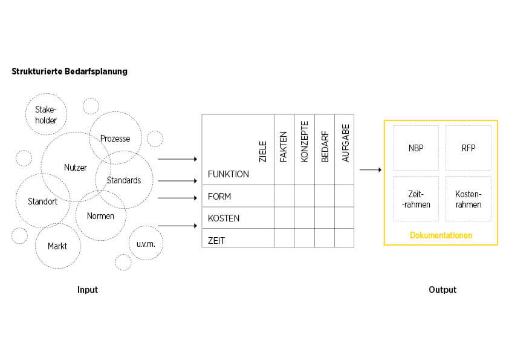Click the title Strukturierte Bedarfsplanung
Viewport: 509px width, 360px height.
click(x=70, y=71)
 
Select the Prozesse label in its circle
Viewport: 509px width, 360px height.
click(x=115, y=139)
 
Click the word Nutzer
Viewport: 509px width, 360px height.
click(x=76, y=168)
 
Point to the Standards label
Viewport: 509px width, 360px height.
click(x=124, y=180)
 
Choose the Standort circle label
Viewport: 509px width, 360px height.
click(x=42, y=201)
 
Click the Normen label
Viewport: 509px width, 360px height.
click(x=100, y=216)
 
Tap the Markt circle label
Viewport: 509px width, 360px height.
click(x=57, y=246)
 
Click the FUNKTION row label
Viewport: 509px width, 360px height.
click(x=228, y=174)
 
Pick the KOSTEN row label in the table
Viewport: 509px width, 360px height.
click(x=224, y=218)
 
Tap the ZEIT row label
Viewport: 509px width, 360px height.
click(x=216, y=240)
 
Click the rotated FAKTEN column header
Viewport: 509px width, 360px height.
click(x=284, y=148)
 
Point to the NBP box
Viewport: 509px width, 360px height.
click(x=416, y=148)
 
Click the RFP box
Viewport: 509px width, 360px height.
click(x=468, y=148)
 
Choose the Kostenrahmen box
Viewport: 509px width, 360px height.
click(x=468, y=199)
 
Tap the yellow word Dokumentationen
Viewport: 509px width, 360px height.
click(x=441, y=235)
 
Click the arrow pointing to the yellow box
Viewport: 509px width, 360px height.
click(x=371, y=170)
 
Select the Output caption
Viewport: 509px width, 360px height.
click(x=443, y=290)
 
